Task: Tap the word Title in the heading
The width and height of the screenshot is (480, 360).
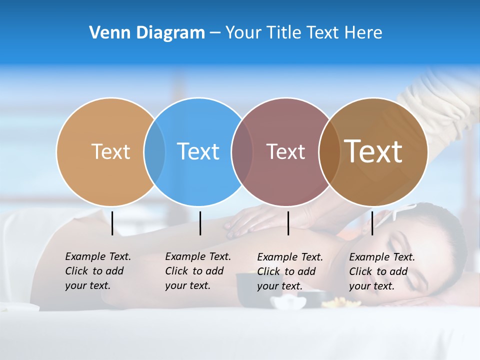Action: tap(283, 33)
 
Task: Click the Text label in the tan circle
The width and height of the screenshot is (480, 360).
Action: tap(110, 151)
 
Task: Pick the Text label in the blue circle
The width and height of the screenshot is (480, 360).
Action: tap(198, 151)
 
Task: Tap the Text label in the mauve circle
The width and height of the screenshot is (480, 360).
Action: tap(285, 151)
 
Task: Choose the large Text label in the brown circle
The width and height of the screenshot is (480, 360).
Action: tap(373, 151)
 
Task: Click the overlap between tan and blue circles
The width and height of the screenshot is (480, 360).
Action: tap(154, 151)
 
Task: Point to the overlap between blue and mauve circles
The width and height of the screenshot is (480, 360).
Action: tap(242, 151)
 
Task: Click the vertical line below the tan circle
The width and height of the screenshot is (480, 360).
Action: tap(112, 223)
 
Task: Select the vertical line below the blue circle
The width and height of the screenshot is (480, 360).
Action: tap(200, 223)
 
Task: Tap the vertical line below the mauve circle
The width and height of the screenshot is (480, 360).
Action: tap(288, 223)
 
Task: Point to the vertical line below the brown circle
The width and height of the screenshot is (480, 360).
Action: tap(372, 223)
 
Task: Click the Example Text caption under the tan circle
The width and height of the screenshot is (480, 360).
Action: tap(97, 271)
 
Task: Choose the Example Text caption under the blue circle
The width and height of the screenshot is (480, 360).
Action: tap(197, 271)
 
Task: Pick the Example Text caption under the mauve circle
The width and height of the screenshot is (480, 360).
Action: tap(289, 271)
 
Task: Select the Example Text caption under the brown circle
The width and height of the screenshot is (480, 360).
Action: tap(381, 271)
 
